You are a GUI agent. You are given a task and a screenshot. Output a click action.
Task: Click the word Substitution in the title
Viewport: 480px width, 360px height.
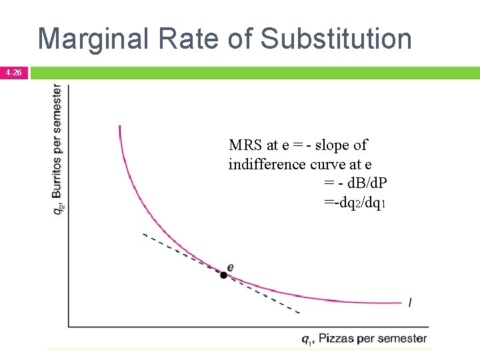pyautogui.click(x=337, y=39)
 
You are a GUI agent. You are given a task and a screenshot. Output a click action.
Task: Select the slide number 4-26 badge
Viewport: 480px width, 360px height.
pyautogui.click(x=13, y=72)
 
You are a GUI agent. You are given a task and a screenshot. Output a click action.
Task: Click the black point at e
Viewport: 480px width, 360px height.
pyautogui.click(x=224, y=275)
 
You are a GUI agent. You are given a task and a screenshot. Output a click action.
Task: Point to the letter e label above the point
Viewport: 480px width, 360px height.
pyautogui.click(x=230, y=267)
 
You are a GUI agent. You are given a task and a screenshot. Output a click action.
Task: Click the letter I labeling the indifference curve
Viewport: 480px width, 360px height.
pyautogui.click(x=409, y=303)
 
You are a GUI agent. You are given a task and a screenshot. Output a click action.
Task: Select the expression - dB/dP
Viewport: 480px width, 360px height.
pyautogui.click(x=357, y=183)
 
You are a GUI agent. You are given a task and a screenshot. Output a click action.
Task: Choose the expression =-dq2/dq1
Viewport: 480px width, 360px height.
pyautogui.click(x=354, y=202)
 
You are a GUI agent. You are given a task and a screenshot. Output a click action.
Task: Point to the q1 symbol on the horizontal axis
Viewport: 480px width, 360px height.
pyautogui.click(x=307, y=339)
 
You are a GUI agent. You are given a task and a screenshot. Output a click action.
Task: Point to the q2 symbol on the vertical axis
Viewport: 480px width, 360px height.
pyautogui.click(x=59, y=208)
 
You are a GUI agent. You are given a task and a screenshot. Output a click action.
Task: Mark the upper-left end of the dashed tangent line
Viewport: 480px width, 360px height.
pyautogui.click(x=144, y=234)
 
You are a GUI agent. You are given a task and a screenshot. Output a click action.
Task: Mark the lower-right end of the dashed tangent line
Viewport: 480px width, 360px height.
pyautogui.click(x=299, y=312)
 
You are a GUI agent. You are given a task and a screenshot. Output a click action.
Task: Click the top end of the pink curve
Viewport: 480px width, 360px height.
pyautogui.click(x=119, y=126)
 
